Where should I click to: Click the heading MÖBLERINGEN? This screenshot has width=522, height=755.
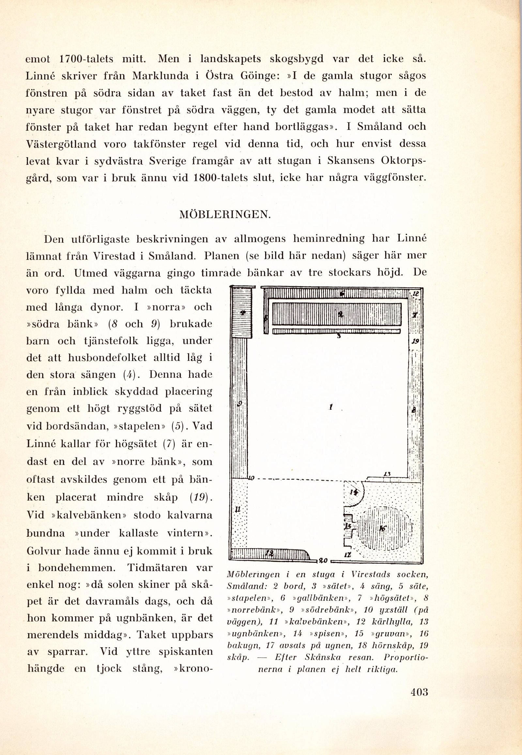click(225, 215)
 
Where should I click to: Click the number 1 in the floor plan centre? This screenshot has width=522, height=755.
click(331, 407)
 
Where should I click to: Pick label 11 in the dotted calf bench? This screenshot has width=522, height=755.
click(238, 509)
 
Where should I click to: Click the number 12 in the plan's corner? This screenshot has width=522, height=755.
click(416, 294)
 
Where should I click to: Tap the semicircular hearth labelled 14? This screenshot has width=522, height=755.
click(353, 493)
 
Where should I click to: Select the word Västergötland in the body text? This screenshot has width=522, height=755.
click(61, 144)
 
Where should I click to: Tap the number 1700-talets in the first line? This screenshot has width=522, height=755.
click(87, 59)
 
